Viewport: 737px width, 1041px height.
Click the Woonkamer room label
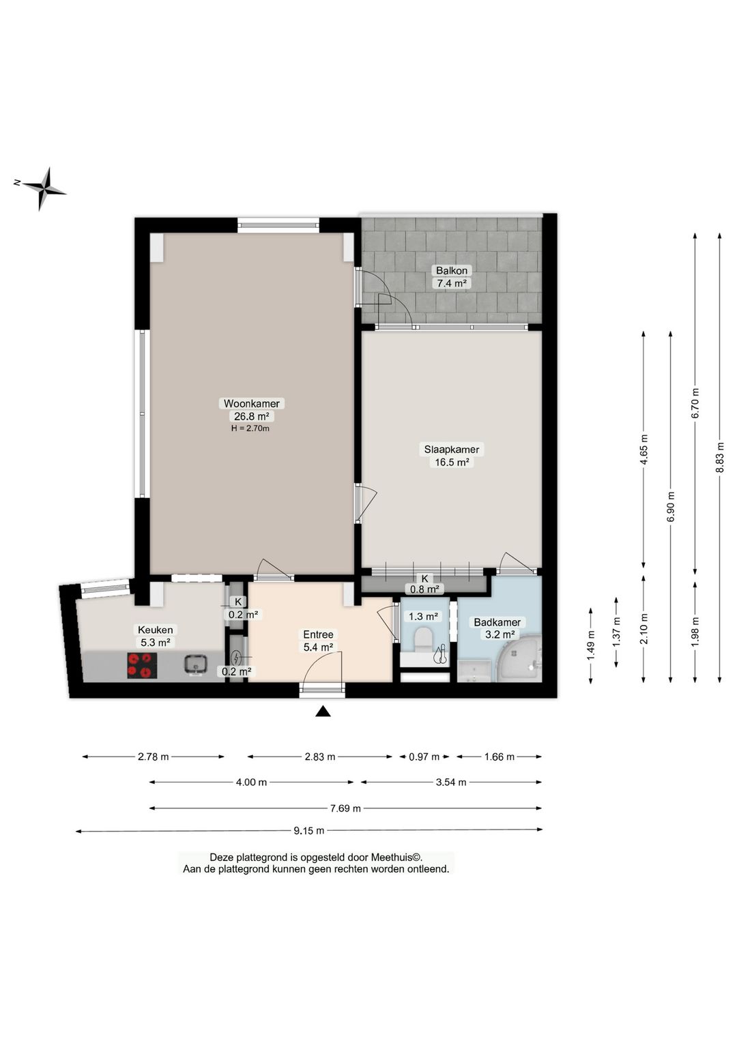tap(251, 403)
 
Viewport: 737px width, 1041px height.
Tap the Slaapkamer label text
tap(451, 450)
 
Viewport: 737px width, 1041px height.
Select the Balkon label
tap(451, 270)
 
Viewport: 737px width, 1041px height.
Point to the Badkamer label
tap(497, 622)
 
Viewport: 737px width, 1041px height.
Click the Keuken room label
tap(155, 630)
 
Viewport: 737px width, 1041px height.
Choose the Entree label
tap(318, 634)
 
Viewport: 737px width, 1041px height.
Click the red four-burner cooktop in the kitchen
tap(142, 666)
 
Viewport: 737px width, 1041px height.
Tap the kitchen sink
tap(195, 664)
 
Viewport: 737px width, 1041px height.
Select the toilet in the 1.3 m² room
tap(424, 639)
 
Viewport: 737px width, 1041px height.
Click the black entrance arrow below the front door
tap(323, 711)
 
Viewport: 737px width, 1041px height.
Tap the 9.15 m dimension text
tap(308, 830)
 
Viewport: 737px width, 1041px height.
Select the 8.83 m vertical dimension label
tap(720, 457)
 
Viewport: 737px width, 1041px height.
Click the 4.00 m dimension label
tap(251, 782)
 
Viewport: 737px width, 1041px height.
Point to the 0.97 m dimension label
tap(424, 757)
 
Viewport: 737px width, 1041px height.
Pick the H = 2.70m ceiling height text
tap(250, 428)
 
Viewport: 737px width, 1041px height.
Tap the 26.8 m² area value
tap(251, 416)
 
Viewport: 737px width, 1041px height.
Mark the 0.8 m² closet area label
tap(424, 590)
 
